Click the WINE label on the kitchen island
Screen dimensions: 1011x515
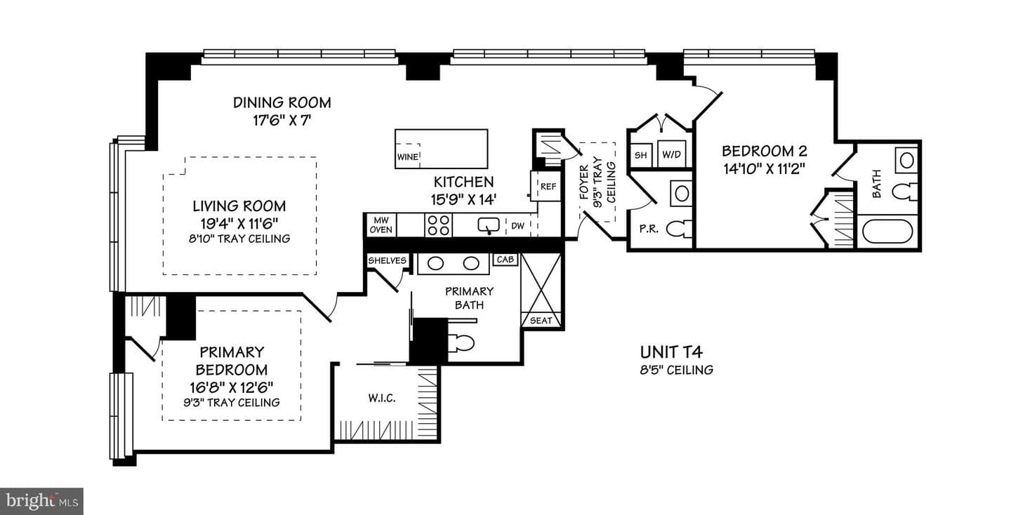[407, 157]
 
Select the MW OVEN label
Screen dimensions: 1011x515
[381, 225]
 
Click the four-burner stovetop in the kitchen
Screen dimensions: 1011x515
[439, 225]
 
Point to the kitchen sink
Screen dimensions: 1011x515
[489, 225]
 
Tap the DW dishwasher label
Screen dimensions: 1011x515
[517, 225]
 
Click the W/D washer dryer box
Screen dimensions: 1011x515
[672, 154]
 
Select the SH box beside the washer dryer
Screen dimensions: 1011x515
[641, 155]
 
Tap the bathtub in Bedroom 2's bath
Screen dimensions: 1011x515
[887, 232]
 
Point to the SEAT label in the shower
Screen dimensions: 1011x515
[541, 321]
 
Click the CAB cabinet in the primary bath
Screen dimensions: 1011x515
[505, 260]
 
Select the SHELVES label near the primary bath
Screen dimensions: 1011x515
[388, 260]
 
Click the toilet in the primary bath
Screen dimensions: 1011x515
[461, 342]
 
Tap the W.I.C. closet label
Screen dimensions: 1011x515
[382, 399]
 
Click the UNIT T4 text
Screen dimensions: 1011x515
[671, 352]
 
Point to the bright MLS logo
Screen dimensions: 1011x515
[41, 501]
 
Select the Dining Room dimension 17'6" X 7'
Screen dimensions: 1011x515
[282, 121]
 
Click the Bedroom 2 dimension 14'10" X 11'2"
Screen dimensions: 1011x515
[764, 169]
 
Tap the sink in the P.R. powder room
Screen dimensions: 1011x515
[682, 194]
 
